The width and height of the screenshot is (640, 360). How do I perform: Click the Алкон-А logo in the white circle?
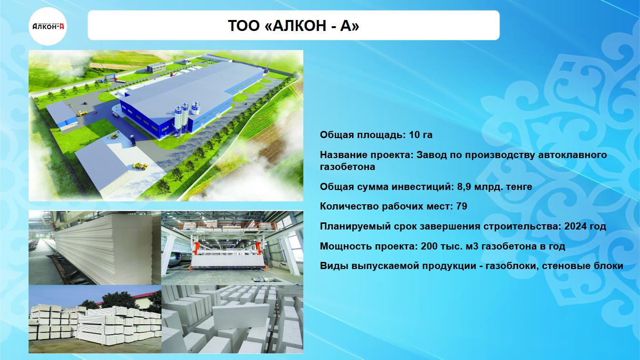click(x=48, y=26)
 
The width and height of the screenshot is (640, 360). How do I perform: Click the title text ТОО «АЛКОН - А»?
click(x=293, y=26)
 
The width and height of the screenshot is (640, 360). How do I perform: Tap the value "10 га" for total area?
click(x=420, y=135)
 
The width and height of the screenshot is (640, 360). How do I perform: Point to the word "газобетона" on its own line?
click(x=348, y=167)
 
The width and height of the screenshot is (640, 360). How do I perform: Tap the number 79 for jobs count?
click(x=462, y=206)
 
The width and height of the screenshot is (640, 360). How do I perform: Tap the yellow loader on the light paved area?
click(x=140, y=166)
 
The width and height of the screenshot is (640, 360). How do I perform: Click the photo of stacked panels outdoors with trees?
click(x=95, y=319)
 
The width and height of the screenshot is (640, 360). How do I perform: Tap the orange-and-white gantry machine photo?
click(x=232, y=248)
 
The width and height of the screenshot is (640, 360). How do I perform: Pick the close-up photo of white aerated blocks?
click(x=232, y=319)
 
